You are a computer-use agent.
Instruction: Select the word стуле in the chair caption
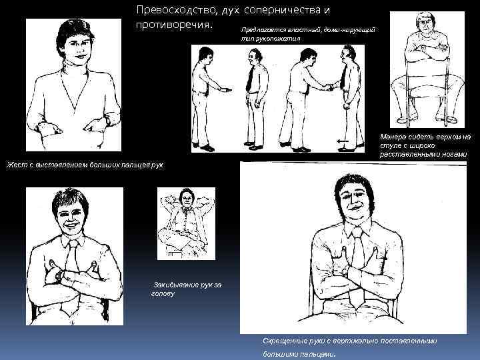[390, 145]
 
